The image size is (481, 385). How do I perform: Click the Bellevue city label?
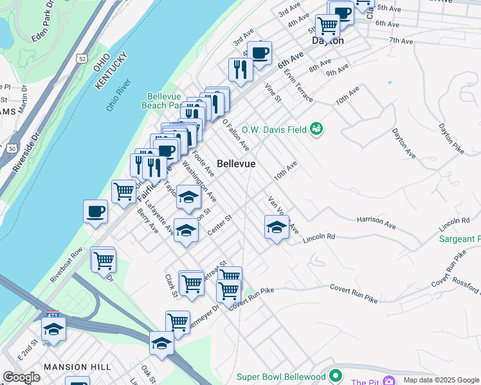(x=235, y=164)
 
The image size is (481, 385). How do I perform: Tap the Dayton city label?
(x=328, y=40)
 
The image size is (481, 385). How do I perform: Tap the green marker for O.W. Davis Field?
(x=316, y=129)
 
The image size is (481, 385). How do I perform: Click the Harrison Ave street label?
(x=376, y=221)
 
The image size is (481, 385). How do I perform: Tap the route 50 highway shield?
(x=12, y=148)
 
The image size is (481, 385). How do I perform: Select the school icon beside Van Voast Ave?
(x=277, y=227)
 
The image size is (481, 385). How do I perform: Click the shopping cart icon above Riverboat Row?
(x=103, y=261)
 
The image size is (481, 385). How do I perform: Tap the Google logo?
(x=22, y=377)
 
